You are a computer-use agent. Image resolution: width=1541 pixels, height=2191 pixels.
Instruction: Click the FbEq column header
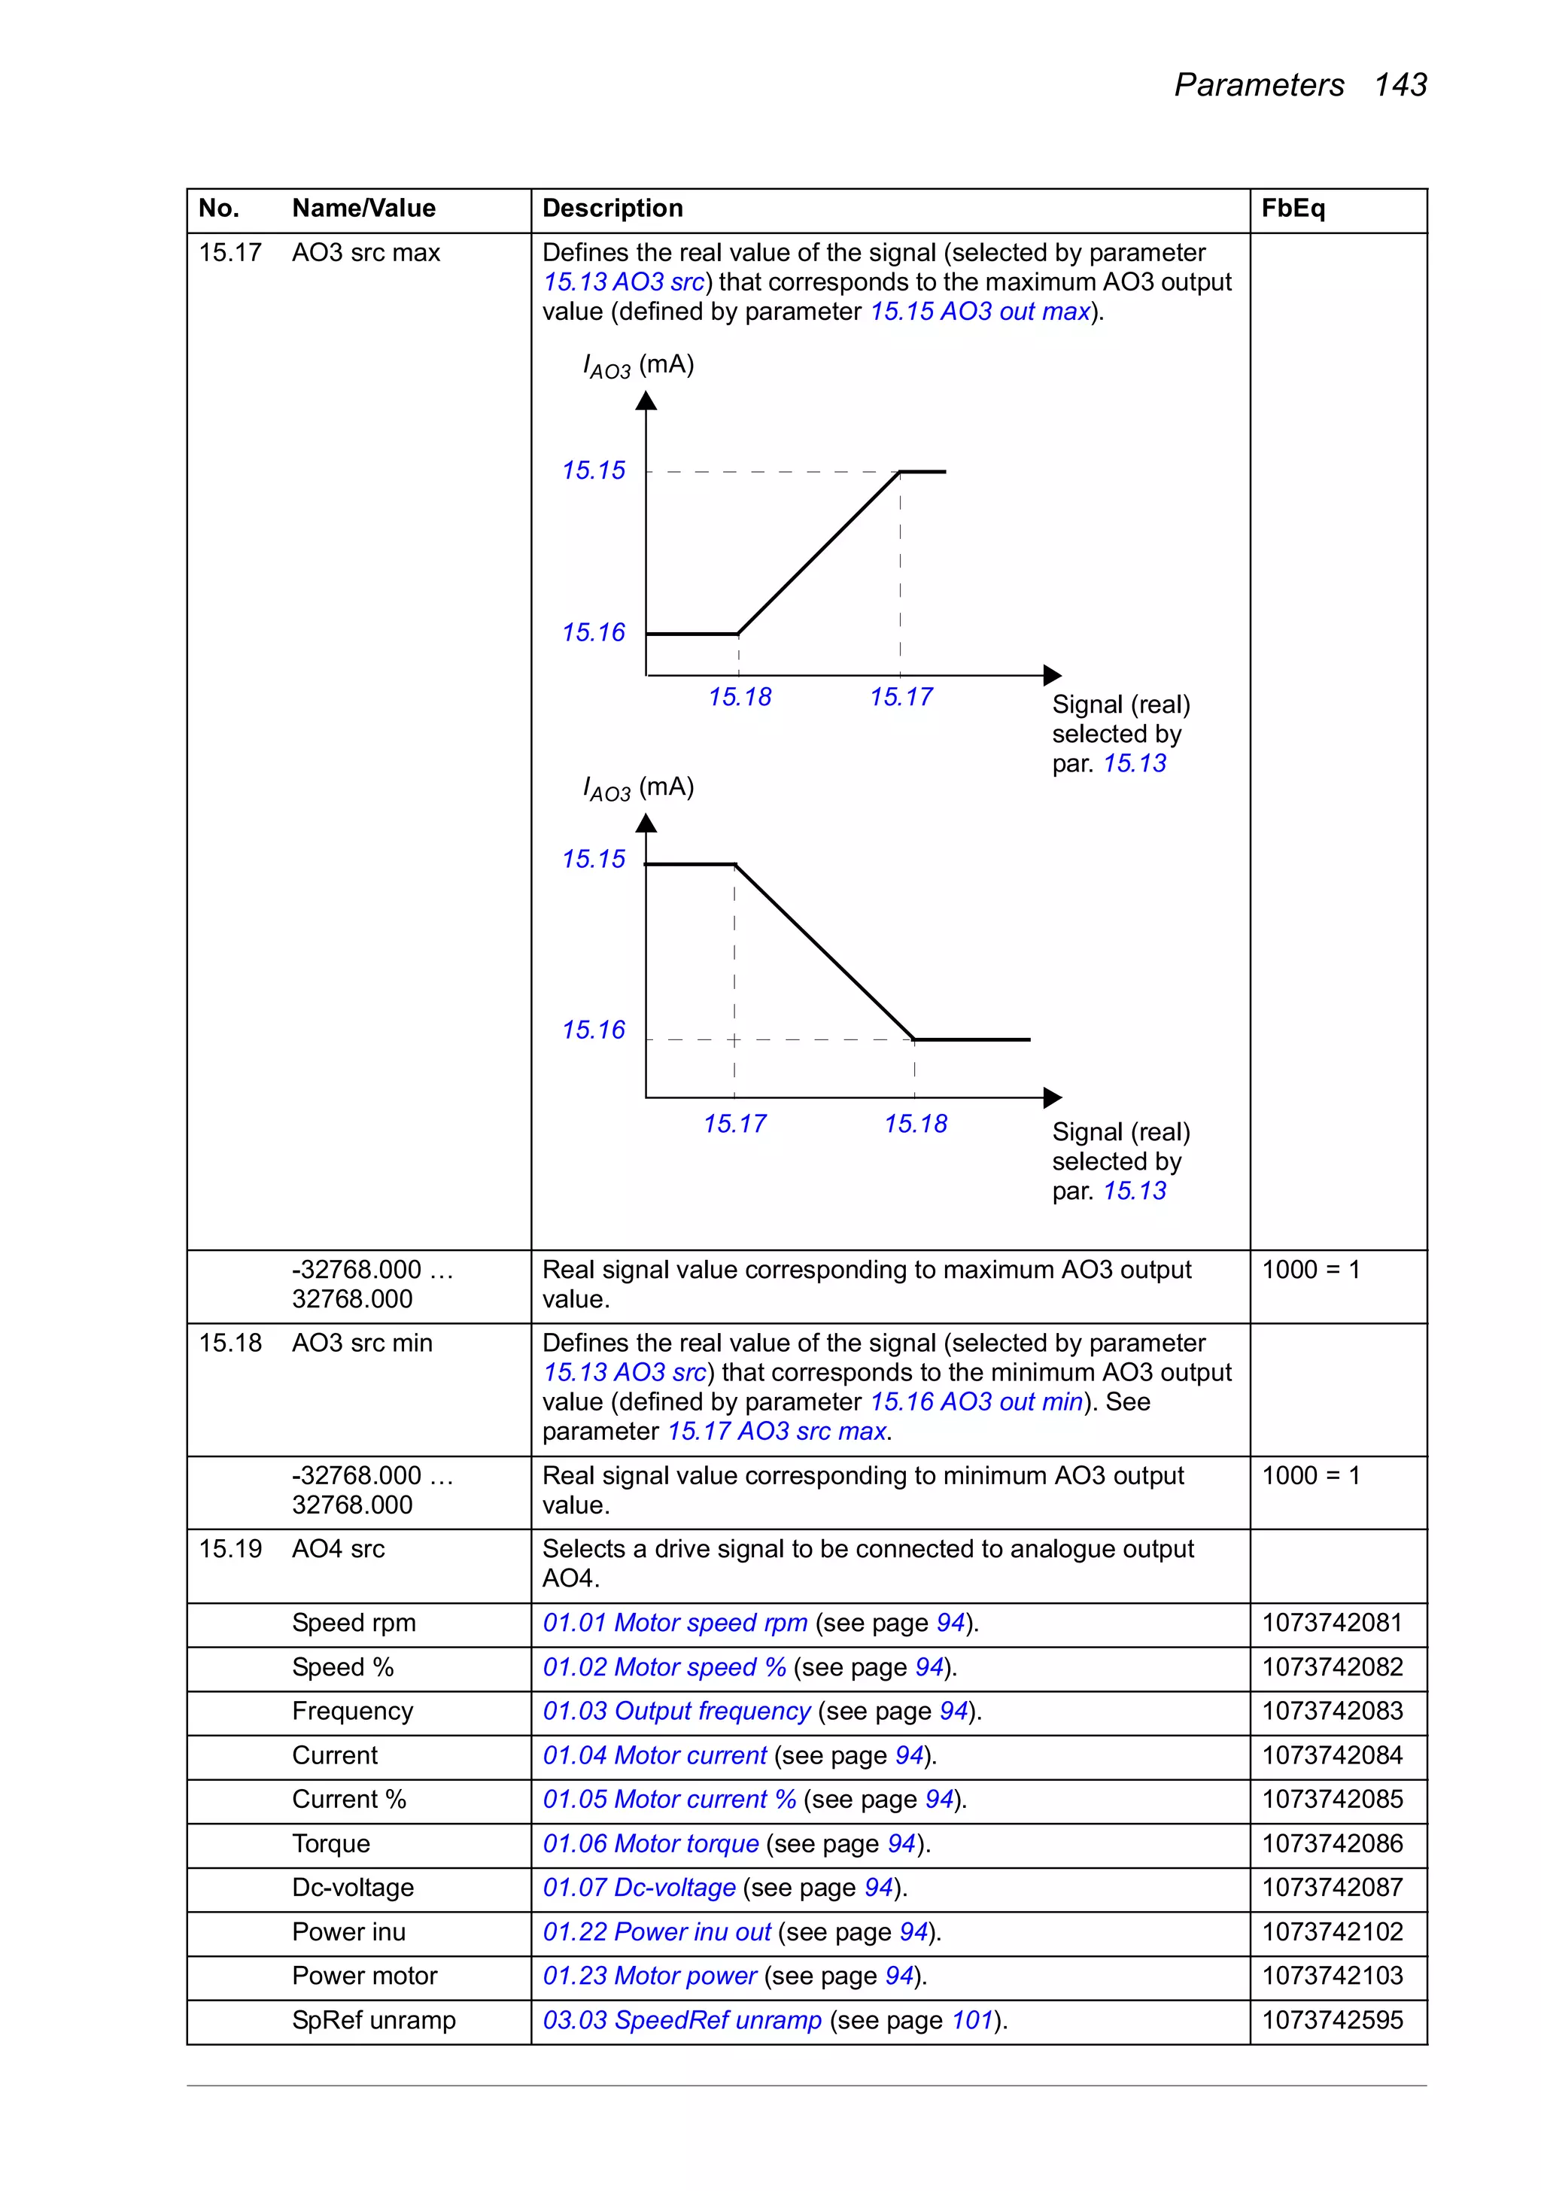(1293, 209)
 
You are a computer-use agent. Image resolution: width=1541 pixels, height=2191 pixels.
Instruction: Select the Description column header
(612, 209)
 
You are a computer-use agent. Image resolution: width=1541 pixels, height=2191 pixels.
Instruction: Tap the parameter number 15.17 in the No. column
(230, 253)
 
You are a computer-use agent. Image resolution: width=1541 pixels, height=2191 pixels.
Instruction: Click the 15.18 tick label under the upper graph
(740, 698)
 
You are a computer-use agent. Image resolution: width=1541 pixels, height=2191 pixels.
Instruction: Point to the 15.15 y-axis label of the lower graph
(594, 860)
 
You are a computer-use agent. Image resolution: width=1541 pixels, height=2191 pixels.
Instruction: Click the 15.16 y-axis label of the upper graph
(594, 633)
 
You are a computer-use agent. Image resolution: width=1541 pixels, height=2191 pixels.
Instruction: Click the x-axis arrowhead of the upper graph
(1053, 676)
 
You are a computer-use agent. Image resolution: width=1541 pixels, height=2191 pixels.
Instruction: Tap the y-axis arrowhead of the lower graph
(646, 823)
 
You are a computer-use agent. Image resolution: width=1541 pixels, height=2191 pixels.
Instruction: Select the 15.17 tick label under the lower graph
(734, 1124)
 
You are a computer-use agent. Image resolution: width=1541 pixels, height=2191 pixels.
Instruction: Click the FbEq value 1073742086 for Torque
(1332, 1844)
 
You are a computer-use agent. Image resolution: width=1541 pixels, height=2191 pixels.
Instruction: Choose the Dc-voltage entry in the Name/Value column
(353, 1888)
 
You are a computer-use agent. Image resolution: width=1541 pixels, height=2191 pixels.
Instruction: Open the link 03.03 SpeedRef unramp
(682, 2020)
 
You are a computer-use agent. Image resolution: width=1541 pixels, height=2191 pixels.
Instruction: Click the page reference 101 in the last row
(972, 2020)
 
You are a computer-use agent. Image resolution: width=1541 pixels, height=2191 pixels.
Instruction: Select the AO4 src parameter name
(339, 1549)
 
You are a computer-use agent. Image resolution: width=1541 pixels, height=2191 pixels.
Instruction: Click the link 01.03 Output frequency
(676, 1711)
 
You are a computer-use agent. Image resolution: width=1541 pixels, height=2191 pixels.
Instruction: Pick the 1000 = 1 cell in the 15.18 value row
(1311, 1476)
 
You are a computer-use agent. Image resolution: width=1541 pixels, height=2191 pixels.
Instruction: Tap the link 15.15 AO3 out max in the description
(980, 312)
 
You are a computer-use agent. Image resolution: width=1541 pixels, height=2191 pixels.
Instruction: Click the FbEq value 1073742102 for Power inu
(1332, 1931)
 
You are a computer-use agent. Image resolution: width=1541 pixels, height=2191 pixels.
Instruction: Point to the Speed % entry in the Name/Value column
(342, 1667)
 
